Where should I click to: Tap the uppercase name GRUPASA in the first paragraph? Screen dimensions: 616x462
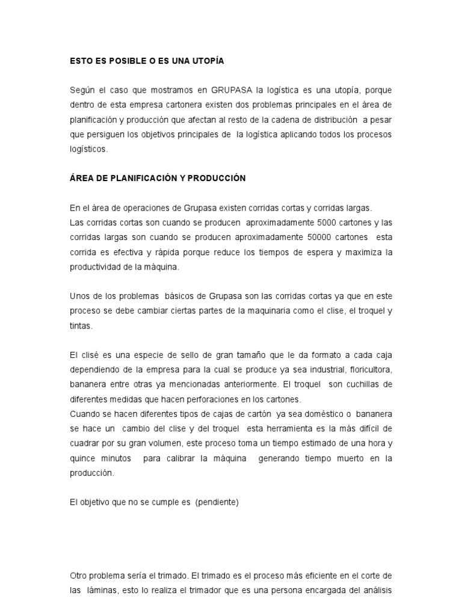coord(232,90)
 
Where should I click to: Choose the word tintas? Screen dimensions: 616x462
coord(81,325)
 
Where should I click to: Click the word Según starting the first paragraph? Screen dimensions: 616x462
coord(82,90)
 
